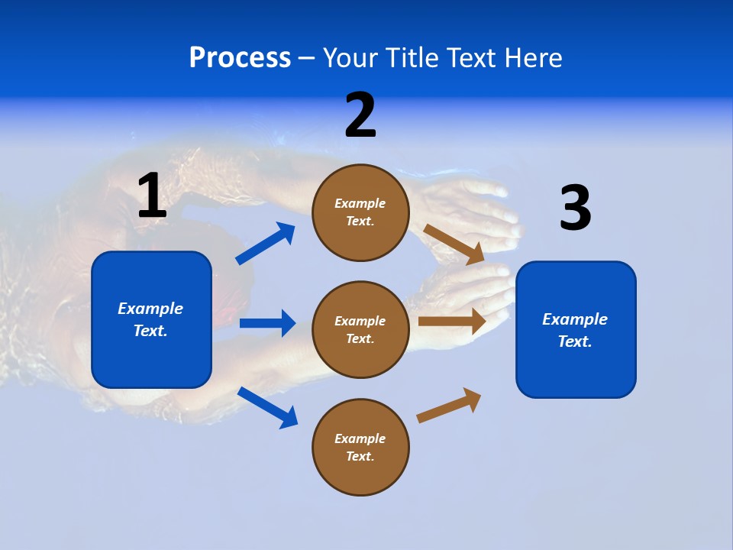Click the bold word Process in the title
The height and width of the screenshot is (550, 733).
coord(240,57)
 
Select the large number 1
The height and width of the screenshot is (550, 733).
coord(152,196)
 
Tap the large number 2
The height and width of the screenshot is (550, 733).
coord(360,115)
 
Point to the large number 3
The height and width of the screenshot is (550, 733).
coord(575,208)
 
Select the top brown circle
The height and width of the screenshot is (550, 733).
coord(360,212)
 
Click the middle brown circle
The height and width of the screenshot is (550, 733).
coord(360,329)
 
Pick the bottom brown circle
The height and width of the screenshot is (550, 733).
coord(360,447)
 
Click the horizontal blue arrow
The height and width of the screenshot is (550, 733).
coord(267,323)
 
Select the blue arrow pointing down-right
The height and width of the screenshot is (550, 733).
coord(268,407)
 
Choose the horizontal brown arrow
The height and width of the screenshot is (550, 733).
coord(452,322)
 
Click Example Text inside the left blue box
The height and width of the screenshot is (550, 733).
coord(150,319)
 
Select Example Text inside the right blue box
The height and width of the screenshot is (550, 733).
coord(575,330)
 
